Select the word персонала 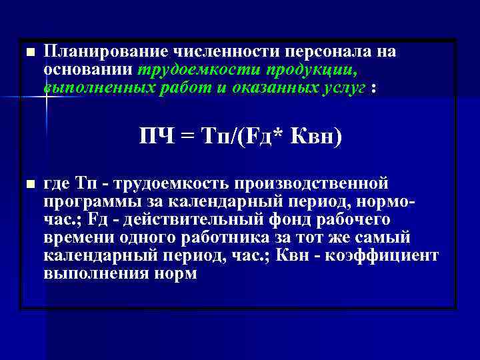pyautogui.click(x=332, y=52)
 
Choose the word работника pyautogui.click(x=208, y=237)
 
